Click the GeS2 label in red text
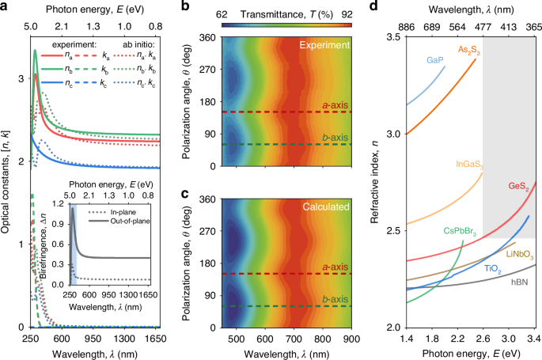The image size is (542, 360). pos(518,187)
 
